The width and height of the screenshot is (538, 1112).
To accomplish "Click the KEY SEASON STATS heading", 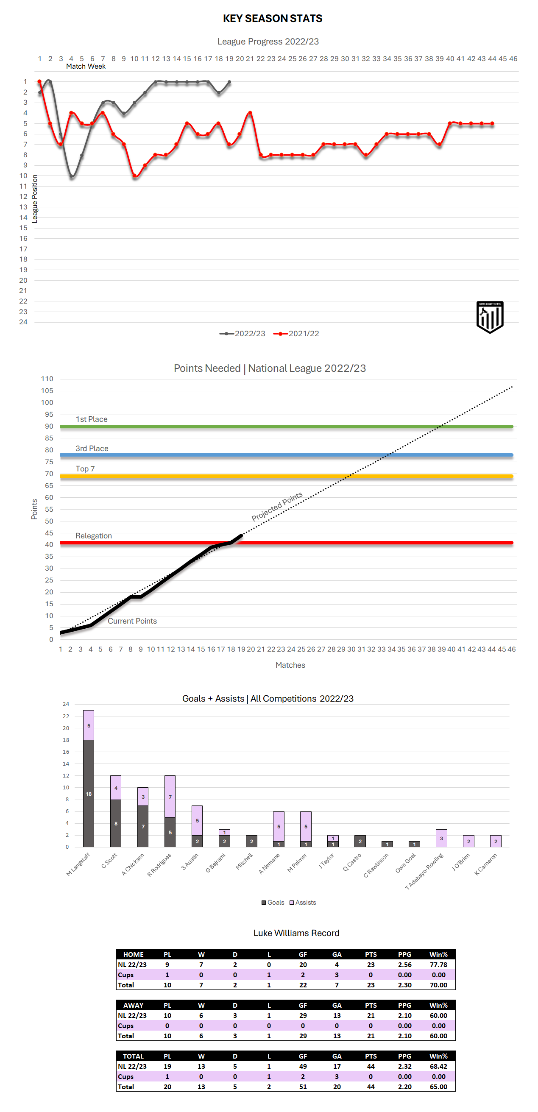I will (x=273, y=19).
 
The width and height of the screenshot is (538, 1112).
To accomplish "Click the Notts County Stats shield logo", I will (x=490, y=317).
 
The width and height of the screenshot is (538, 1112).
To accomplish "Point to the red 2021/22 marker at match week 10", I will (x=135, y=176).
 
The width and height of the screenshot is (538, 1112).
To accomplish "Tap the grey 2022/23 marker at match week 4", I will (x=72, y=176).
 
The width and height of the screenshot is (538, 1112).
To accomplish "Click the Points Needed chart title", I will (x=270, y=368).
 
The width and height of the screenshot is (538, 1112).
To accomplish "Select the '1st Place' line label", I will (x=92, y=419).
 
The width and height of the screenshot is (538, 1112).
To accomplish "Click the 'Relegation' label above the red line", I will (x=93, y=536).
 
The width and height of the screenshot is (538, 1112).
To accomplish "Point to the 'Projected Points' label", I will (x=277, y=506).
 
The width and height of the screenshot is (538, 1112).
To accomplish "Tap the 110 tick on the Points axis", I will (x=47, y=379).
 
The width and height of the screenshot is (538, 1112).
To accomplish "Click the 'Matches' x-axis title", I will (x=290, y=665).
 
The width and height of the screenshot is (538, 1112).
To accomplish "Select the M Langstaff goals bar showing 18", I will (x=89, y=793).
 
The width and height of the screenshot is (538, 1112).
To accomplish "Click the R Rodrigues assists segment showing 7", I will (x=170, y=797).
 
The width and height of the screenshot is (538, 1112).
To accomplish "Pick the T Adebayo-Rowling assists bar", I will (x=441, y=838).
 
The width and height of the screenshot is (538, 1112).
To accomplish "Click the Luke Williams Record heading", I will (x=296, y=933).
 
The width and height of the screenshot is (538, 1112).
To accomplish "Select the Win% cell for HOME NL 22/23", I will (x=438, y=965).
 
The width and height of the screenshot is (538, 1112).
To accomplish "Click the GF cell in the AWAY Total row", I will (x=303, y=1036).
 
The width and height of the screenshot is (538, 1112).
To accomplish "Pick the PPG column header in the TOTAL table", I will (x=404, y=1056).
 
